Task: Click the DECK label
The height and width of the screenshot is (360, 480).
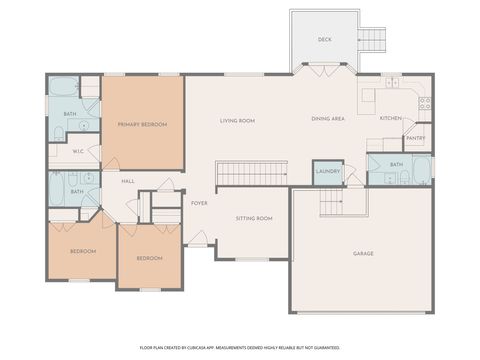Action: [324, 39]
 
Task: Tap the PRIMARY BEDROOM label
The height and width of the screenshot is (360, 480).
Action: [141, 124]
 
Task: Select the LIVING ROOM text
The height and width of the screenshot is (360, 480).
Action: [238, 120]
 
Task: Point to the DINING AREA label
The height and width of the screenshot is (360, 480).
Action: [328, 119]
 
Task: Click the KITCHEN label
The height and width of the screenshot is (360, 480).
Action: [390, 118]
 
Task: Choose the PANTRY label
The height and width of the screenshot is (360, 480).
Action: [416, 138]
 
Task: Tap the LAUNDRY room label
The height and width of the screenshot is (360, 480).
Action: [327, 171]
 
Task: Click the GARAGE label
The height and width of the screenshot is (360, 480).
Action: [363, 253]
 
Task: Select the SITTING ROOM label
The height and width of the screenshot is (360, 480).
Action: [254, 218]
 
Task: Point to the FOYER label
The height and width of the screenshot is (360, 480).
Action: [200, 202]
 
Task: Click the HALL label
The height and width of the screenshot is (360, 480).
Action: [128, 181]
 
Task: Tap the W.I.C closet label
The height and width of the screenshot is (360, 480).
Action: [77, 153]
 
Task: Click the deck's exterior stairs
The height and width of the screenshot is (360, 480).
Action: [371, 40]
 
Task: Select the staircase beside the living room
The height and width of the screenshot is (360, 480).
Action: [252, 173]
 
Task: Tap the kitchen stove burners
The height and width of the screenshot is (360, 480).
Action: [425, 102]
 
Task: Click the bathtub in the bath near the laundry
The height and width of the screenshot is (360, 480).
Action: [422, 169]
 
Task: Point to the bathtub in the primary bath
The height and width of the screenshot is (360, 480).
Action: [63, 86]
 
